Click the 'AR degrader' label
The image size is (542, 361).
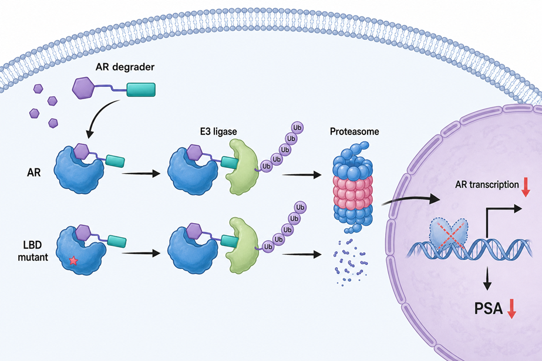pyautogui.click(x=125, y=67)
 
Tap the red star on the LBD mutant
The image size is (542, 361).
pyautogui.click(x=73, y=260)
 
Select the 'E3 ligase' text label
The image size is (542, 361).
pyautogui.click(x=218, y=131)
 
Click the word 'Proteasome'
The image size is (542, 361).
pyautogui.click(x=354, y=131)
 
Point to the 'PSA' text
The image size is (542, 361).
pyautogui.click(x=488, y=308)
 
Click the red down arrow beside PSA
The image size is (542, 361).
pyautogui.click(x=511, y=309)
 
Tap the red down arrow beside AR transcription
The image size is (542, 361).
pyautogui.click(x=526, y=187)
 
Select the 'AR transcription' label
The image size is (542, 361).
pyautogui.click(x=487, y=184)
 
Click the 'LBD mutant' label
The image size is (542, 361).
pyautogui.click(x=33, y=251)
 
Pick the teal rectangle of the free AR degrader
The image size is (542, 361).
pyautogui.click(x=141, y=90)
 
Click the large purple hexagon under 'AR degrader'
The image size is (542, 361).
pyautogui.click(x=83, y=88)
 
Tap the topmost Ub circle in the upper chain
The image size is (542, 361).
pyautogui.click(x=297, y=127)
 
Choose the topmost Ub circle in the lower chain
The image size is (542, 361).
pyautogui.click(x=300, y=207)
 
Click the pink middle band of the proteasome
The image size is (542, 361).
pyautogui.click(x=353, y=191)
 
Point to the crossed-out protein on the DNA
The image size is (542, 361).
pyautogui.click(x=449, y=232)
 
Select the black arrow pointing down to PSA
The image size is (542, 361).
pyautogui.click(x=487, y=278)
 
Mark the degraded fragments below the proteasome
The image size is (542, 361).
pyautogui.click(x=351, y=262)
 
